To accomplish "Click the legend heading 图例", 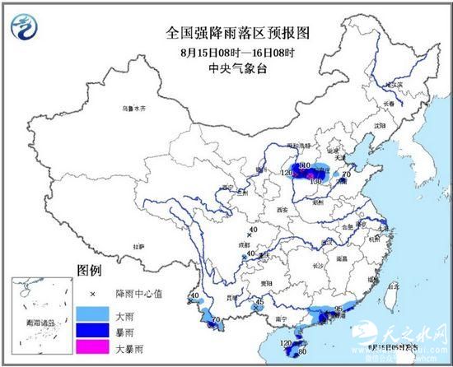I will (x=89, y=270).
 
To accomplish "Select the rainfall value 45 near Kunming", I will (x=260, y=302).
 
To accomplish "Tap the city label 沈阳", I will (x=381, y=125).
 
